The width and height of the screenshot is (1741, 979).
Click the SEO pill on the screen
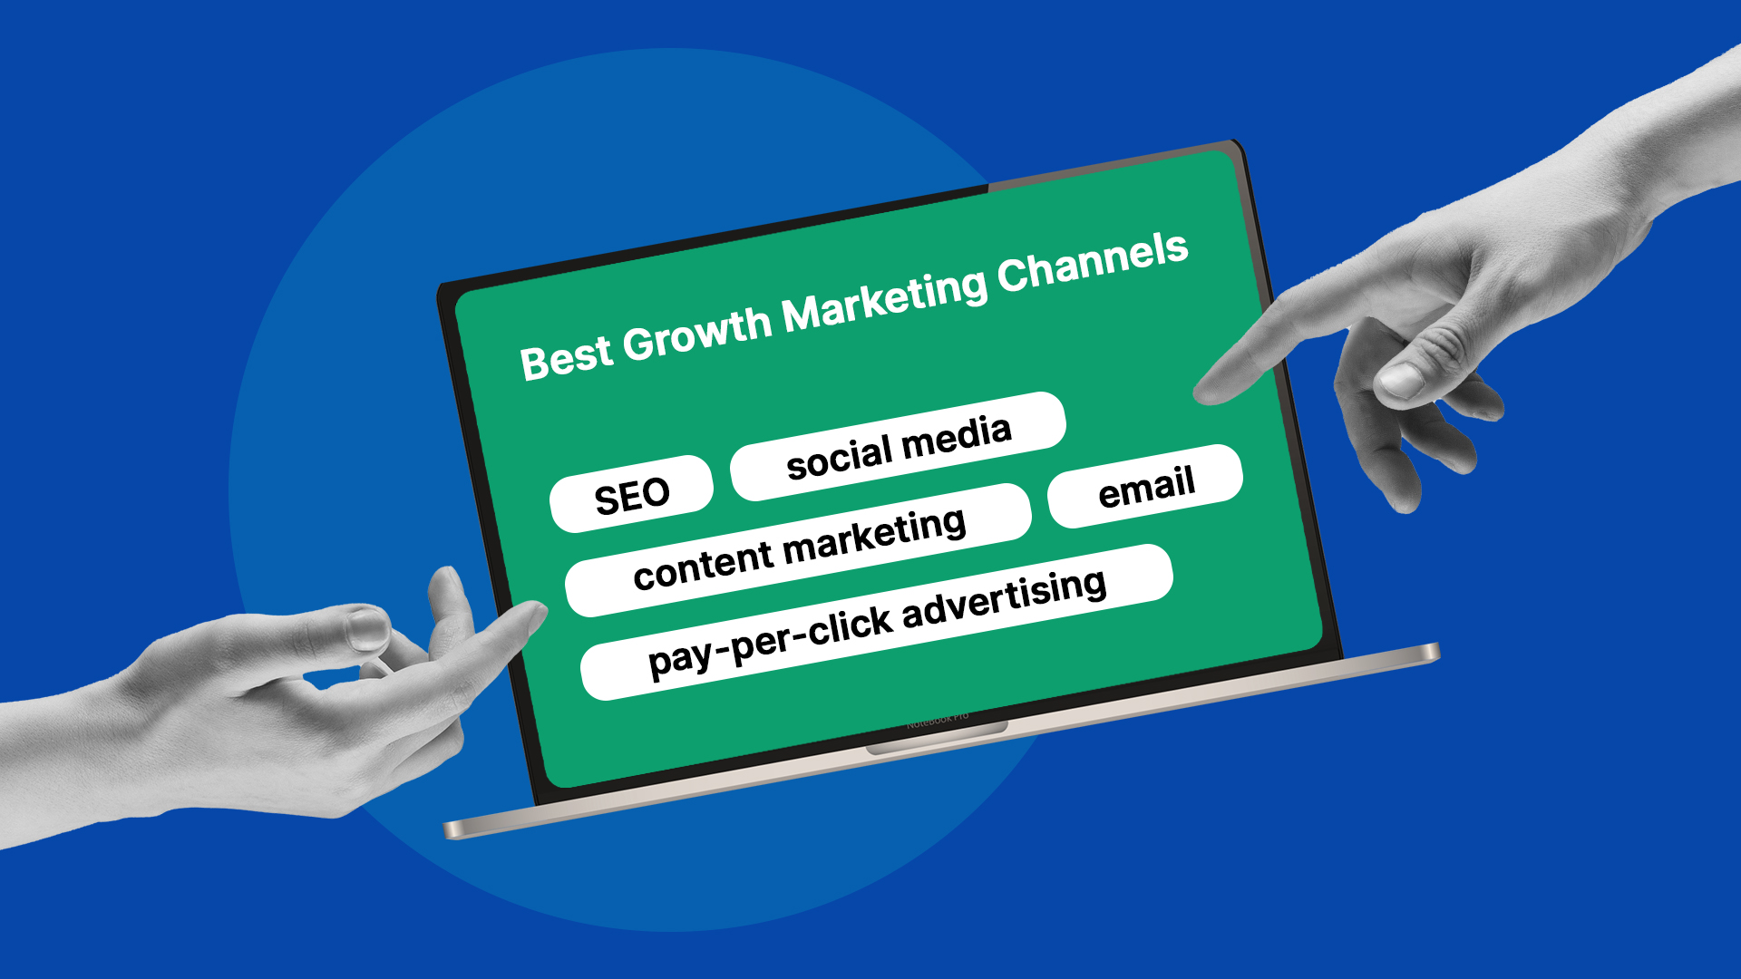point(631,495)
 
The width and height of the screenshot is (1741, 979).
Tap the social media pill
point(898,446)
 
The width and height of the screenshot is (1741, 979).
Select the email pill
point(1145,487)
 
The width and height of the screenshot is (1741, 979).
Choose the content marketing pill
point(798,550)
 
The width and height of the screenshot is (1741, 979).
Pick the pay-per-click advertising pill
point(876,622)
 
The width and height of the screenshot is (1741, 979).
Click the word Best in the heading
point(566,357)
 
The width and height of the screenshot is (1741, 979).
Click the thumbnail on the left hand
point(368,628)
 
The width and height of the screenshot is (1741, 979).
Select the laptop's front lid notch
point(937,739)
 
